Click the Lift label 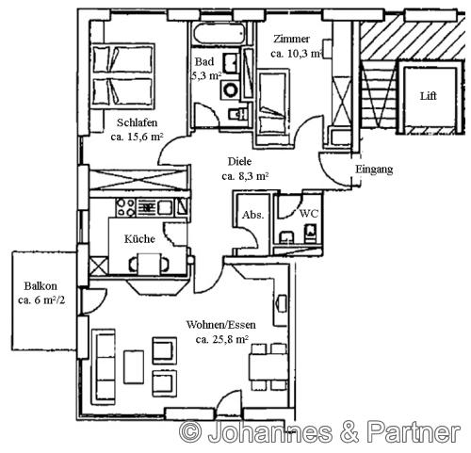(429, 96)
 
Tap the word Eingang (374, 170)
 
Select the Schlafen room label (137, 122)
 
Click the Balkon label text (41, 286)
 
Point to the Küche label (139, 239)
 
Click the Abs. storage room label (252, 215)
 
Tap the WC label (309, 214)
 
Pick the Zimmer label (291, 39)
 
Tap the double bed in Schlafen (122, 76)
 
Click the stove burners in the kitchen (125, 207)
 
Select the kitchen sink (165, 207)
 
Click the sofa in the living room (104, 367)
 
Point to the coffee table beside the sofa (134, 367)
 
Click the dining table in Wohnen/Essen (268, 366)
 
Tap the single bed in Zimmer (272, 104)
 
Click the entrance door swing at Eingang (334, 170)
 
